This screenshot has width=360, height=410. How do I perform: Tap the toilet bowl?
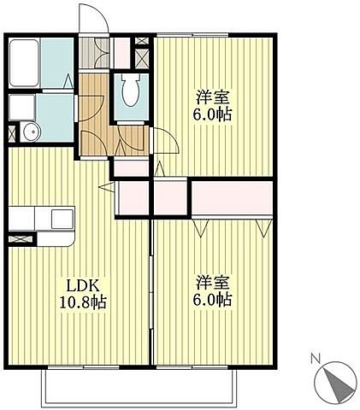131,90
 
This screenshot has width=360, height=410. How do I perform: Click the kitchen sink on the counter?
62,219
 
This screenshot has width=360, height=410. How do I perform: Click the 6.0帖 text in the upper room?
214,114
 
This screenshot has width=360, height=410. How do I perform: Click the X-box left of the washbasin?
10,132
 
